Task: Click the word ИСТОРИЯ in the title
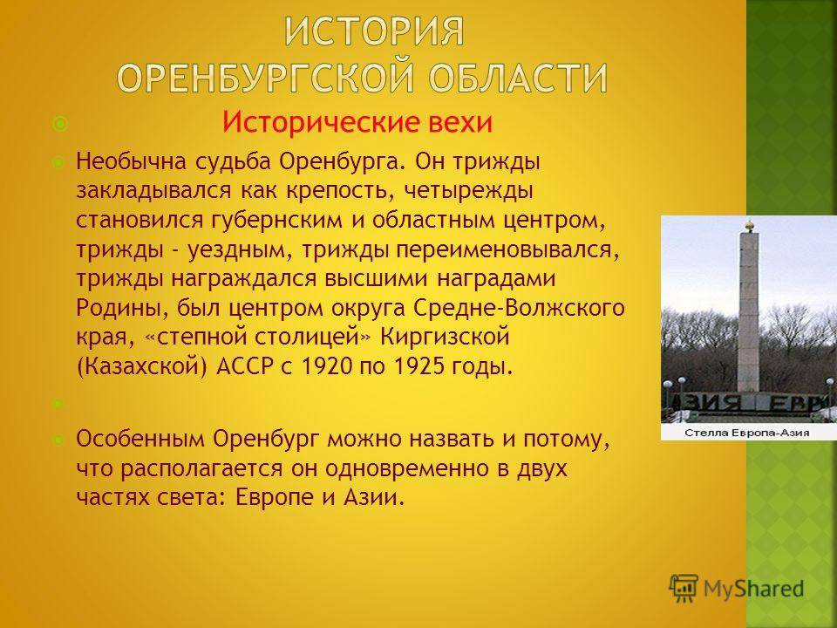374,31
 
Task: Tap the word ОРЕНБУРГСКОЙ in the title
265,78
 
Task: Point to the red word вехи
460,122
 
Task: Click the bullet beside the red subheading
60,125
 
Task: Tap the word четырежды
468,192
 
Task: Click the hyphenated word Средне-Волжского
519,308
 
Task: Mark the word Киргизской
446,337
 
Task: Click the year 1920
327,366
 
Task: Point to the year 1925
419,366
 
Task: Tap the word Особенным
140,439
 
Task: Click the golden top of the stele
749,226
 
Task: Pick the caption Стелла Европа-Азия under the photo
747,432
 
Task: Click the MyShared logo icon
684,589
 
